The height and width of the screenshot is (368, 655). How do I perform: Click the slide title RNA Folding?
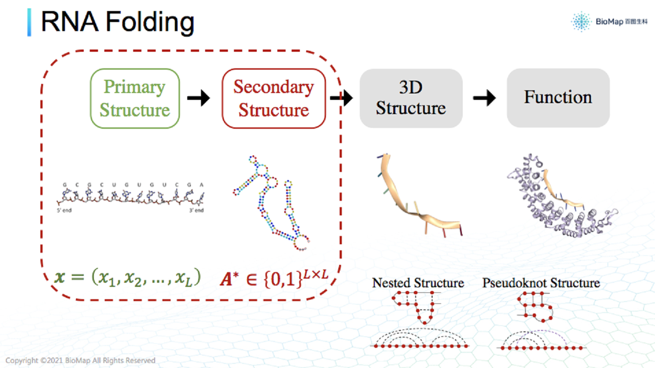(117, 22)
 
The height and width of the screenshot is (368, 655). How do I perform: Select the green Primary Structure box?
(135, 98)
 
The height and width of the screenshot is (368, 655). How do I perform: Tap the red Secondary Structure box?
(274, 98)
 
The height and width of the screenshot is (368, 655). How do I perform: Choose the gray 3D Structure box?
(411, 98)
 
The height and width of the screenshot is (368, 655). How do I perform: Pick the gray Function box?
(558, 98)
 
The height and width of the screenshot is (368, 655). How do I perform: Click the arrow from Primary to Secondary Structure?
(198, 98)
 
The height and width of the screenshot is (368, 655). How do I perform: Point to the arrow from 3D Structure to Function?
(484, 98)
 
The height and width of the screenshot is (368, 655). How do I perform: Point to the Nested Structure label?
(418, 283)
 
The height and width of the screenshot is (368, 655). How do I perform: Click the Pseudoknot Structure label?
(541, 283)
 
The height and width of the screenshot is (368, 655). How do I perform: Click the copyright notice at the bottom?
(81, 361)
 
